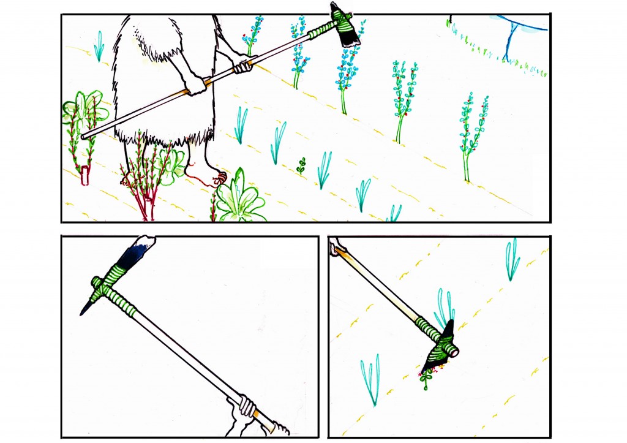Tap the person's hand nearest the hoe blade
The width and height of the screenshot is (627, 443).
coord(242,63)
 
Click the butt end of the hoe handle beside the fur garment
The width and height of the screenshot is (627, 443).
coord(85,135)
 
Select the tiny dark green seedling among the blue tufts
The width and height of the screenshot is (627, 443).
coord(301,164)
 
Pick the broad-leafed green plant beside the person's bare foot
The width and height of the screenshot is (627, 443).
coord(240,197)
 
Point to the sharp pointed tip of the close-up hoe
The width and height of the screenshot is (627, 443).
coord(82,312)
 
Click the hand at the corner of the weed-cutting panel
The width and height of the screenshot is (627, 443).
coord(337,248)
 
